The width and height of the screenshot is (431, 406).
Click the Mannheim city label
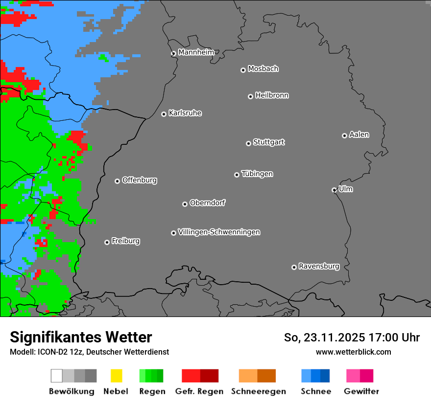196,52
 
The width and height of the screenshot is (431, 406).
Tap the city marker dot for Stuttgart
248,143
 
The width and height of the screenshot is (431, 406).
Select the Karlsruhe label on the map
185,113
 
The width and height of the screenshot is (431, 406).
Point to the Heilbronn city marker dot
250,96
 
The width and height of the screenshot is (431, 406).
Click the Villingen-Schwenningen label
219,232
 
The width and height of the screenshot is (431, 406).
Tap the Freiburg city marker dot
107,242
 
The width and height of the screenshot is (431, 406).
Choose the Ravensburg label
319,266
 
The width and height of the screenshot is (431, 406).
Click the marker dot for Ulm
334,190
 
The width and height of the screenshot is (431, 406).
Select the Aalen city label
359,135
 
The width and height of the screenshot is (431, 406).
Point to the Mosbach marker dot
243,70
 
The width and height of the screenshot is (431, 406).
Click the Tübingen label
257,174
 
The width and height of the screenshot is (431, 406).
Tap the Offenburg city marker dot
117,181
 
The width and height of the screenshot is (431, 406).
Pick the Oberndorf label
207,203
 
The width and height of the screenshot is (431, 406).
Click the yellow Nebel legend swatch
116,376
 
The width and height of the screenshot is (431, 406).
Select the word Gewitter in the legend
361,391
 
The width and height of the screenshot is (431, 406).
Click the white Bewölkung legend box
57,376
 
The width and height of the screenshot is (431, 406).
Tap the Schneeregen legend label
259,391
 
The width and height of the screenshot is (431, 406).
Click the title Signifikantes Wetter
81,337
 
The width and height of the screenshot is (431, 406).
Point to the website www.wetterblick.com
353,352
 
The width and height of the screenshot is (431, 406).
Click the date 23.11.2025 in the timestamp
334,338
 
